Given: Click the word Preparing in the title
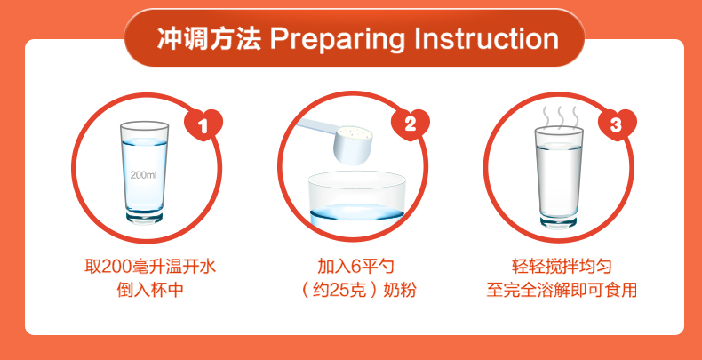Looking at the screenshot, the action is tap(337, 39).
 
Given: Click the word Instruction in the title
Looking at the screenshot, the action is tap(486, 38).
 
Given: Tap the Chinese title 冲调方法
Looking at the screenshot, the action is tap(209, 38).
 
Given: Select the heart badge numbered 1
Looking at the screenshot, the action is tap(203, 124).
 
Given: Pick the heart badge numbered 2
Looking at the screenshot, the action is tap(411, 124).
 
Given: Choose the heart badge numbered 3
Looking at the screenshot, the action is tap(617, 124).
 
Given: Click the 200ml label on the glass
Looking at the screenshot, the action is tap(144, 175).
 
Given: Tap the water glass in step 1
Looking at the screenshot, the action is tap(144, 172).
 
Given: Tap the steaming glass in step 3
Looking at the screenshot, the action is tap(559, 177).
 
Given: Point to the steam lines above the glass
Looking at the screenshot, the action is tap(559, 116).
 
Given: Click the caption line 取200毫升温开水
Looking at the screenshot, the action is tap(150, 268).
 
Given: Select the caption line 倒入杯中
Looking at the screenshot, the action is tap(150, 290).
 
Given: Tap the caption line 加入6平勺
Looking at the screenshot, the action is tap(356, 268).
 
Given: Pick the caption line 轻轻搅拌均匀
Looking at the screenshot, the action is tap(562, 268).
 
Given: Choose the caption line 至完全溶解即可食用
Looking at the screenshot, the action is tap(562, 290).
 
